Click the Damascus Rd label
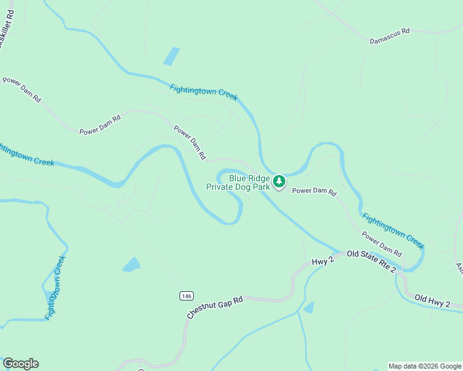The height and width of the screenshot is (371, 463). [390, 36]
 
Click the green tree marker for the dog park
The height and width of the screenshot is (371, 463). [280, 181]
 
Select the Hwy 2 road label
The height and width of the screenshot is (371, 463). [323, 262]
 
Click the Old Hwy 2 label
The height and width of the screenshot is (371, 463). [440, 301]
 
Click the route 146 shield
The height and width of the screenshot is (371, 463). [186, 296]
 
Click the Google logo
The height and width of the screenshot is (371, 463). [20, 364]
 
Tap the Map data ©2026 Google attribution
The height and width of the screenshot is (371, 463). [425, 366]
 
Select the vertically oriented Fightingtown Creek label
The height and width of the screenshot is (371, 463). [55, 288]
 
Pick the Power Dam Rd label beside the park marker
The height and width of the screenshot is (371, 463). [314, 192]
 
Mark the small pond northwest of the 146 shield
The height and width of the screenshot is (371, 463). [131, 265]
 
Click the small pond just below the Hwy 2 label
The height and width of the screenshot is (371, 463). [309, 307]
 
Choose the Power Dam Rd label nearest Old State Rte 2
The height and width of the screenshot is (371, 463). [382, 244]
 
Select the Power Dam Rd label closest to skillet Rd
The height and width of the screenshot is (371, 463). [22, 90]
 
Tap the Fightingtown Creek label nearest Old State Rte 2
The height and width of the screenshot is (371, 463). [393, 231]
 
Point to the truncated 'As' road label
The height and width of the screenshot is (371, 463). [459, 268]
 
